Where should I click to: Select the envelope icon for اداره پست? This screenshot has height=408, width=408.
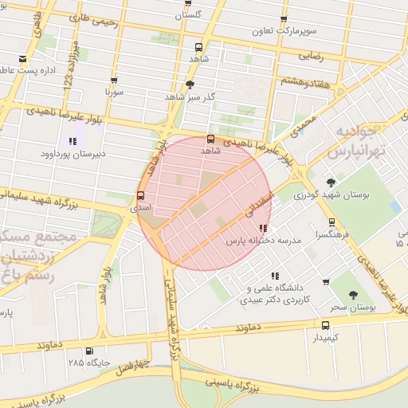[x=22, y=60]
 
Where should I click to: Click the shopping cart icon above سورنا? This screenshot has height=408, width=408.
[x=114, y=80]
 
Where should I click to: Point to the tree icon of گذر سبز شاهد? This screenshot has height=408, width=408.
[x=190, y=84]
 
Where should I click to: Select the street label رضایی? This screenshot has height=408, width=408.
[x=311, y=56]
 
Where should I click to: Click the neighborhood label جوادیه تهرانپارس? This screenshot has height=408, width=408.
[x=357, y=140]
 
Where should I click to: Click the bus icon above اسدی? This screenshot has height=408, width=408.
[x=141, y=195]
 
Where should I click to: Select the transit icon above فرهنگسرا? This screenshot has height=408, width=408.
[x=331, y=223]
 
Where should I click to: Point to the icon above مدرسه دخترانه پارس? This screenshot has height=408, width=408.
[x=263, y=228]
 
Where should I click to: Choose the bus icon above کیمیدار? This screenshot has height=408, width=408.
[x=325, y=325]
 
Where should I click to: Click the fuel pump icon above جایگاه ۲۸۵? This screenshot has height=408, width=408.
[x=88, y=351]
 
